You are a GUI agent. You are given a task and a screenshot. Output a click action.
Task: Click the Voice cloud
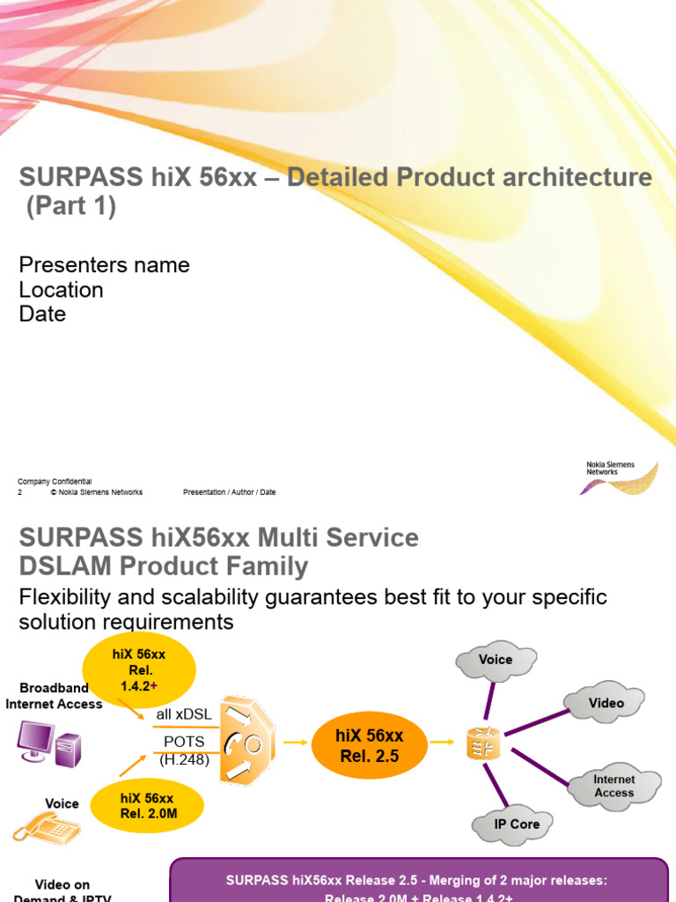[x=496, y=660]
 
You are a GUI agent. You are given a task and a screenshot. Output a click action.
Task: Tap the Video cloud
[x=606, y=703]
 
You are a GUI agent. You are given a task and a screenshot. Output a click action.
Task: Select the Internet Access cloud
[x=614, y=786]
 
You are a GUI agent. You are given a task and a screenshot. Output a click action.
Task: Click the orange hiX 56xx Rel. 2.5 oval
[x=370, y=745]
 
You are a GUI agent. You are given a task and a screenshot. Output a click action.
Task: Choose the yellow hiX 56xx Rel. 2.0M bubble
[x=149, y=805]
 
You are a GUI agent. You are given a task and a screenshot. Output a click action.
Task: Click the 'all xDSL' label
[x=183, y=714]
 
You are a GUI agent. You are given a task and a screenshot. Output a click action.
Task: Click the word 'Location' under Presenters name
[x=61, y=290]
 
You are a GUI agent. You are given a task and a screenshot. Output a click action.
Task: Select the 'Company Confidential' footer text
[x=55, y=482]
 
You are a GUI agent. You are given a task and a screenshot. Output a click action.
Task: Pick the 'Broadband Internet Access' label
[x=54, y=696]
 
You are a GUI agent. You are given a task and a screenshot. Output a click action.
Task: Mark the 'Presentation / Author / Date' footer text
[x=229, y=492]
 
